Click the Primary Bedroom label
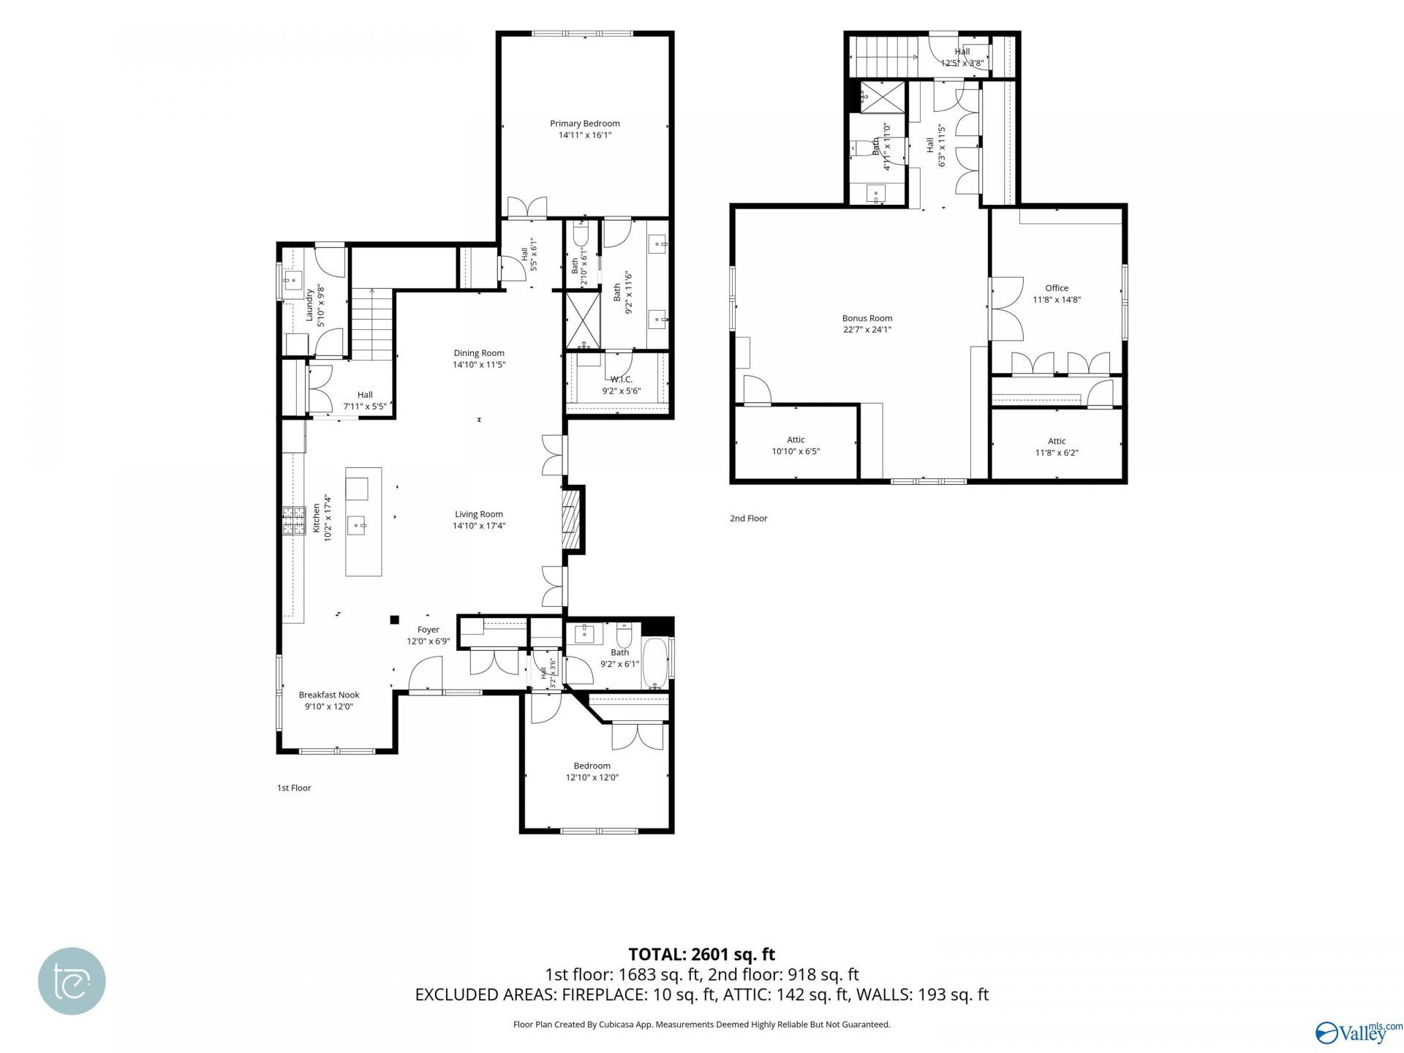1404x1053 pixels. (x=585, y=124)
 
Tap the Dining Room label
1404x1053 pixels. (x=479, y=353)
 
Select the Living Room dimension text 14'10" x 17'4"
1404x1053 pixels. (x=479, y=526)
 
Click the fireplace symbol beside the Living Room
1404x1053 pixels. (x=570, y=518)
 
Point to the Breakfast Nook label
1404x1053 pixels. (x=329, y=695)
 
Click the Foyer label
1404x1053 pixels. (x=429, y=630)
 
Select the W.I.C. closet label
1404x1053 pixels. (x=622, y=380)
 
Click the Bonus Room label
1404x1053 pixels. (x=867, y=318)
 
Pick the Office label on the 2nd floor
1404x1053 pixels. (x=1057, y=288)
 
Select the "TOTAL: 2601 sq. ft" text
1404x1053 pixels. (x=702, y=954)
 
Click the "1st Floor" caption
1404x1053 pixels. (x=294, y=788)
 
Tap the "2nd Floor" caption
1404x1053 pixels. (x=749, y=518)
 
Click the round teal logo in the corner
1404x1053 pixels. (x=72, y=981)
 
